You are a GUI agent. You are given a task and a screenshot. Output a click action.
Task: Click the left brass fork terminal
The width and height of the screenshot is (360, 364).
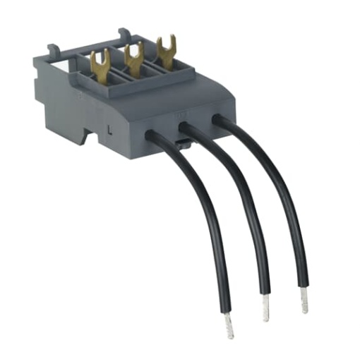(100, 63)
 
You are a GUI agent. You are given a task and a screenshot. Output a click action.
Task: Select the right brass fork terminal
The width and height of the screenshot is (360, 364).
(166, 48)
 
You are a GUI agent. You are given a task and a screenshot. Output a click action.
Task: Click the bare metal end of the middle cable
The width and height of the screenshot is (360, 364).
(267, 306)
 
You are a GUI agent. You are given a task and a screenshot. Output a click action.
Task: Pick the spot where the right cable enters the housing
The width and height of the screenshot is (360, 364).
(219, 121)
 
